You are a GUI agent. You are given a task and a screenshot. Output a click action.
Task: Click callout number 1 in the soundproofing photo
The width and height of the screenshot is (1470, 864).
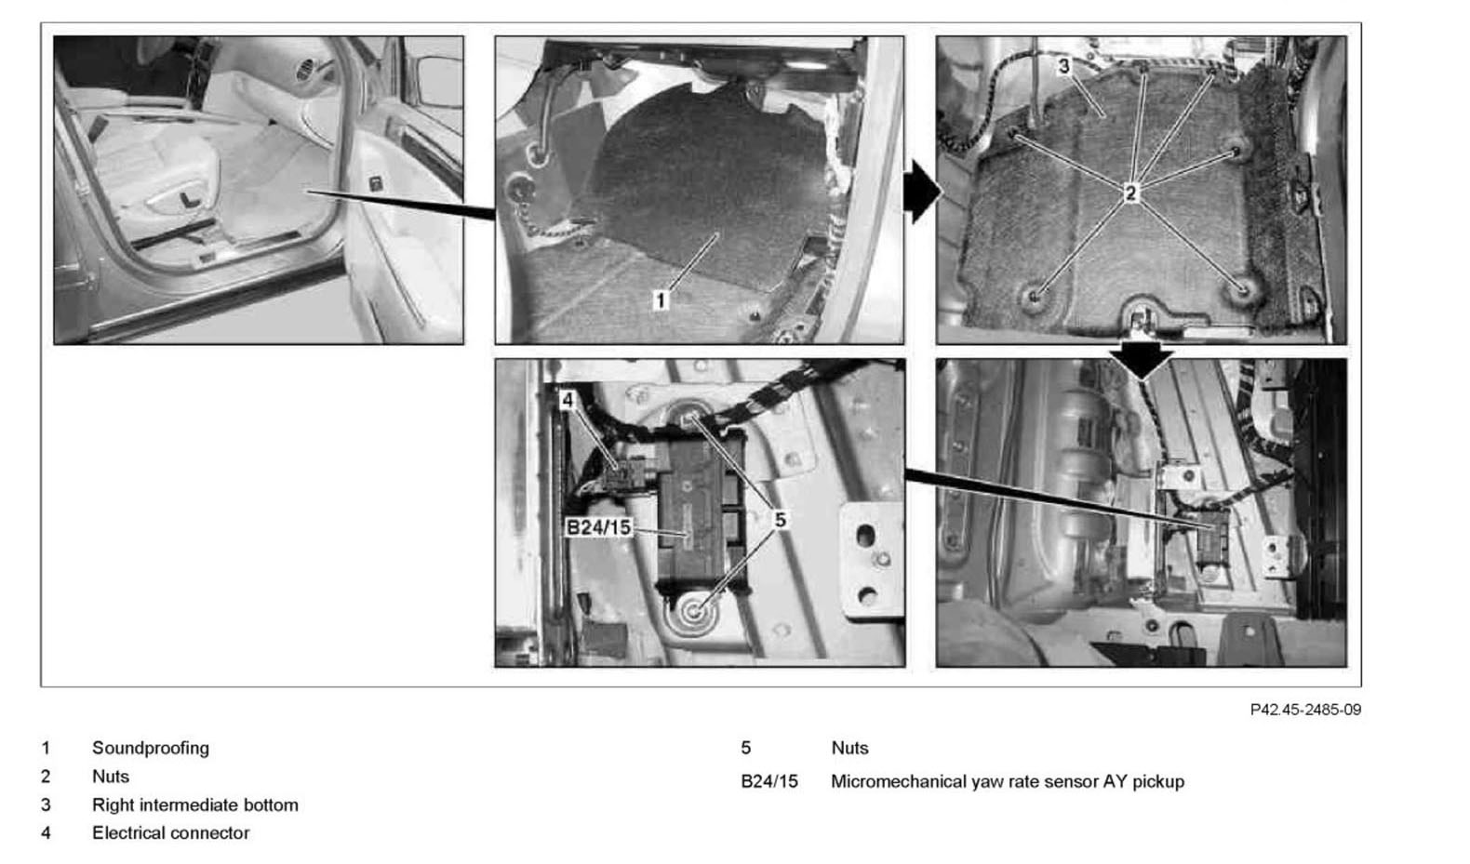pos(661,300)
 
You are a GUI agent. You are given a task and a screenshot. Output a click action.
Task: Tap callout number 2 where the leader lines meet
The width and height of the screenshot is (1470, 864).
pos(1130,193)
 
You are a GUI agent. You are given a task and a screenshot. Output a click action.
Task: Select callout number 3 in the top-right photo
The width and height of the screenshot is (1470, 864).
pos(1064,66)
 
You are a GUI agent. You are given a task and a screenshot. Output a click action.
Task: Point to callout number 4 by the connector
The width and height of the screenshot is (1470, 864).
pos(568,400)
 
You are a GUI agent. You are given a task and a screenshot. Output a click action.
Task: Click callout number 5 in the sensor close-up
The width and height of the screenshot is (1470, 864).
pos(780,520)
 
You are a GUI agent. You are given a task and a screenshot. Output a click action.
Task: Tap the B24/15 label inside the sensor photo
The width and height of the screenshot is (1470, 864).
pos(598,526)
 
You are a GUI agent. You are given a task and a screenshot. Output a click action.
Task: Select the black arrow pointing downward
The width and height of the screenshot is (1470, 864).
pos(1142,360)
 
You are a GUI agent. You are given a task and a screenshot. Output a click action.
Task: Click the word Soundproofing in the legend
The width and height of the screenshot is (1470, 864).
pos(151,748)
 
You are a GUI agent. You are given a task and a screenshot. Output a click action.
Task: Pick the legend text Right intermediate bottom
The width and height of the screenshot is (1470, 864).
pos(194,805)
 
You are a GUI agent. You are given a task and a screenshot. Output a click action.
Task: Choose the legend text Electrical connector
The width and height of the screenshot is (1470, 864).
pos(170,833)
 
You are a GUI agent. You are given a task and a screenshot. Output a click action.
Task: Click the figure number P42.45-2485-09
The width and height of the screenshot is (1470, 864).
pos(1305,710)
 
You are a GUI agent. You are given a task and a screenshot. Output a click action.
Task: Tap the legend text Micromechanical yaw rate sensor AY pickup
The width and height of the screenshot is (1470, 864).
pos(1008,782)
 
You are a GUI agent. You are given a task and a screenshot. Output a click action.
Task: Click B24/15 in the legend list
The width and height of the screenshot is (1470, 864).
pos(769,782)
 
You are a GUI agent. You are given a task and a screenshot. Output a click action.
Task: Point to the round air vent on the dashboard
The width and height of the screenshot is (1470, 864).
pos(306,70)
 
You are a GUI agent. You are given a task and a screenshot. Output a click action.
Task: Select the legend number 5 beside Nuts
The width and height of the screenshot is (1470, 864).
pos(746,748)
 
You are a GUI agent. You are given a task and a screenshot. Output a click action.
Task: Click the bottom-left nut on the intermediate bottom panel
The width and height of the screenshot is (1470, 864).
pos(1034,297)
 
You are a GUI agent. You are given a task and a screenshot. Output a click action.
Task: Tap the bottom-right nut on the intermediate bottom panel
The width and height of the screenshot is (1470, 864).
pos(1242,288)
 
